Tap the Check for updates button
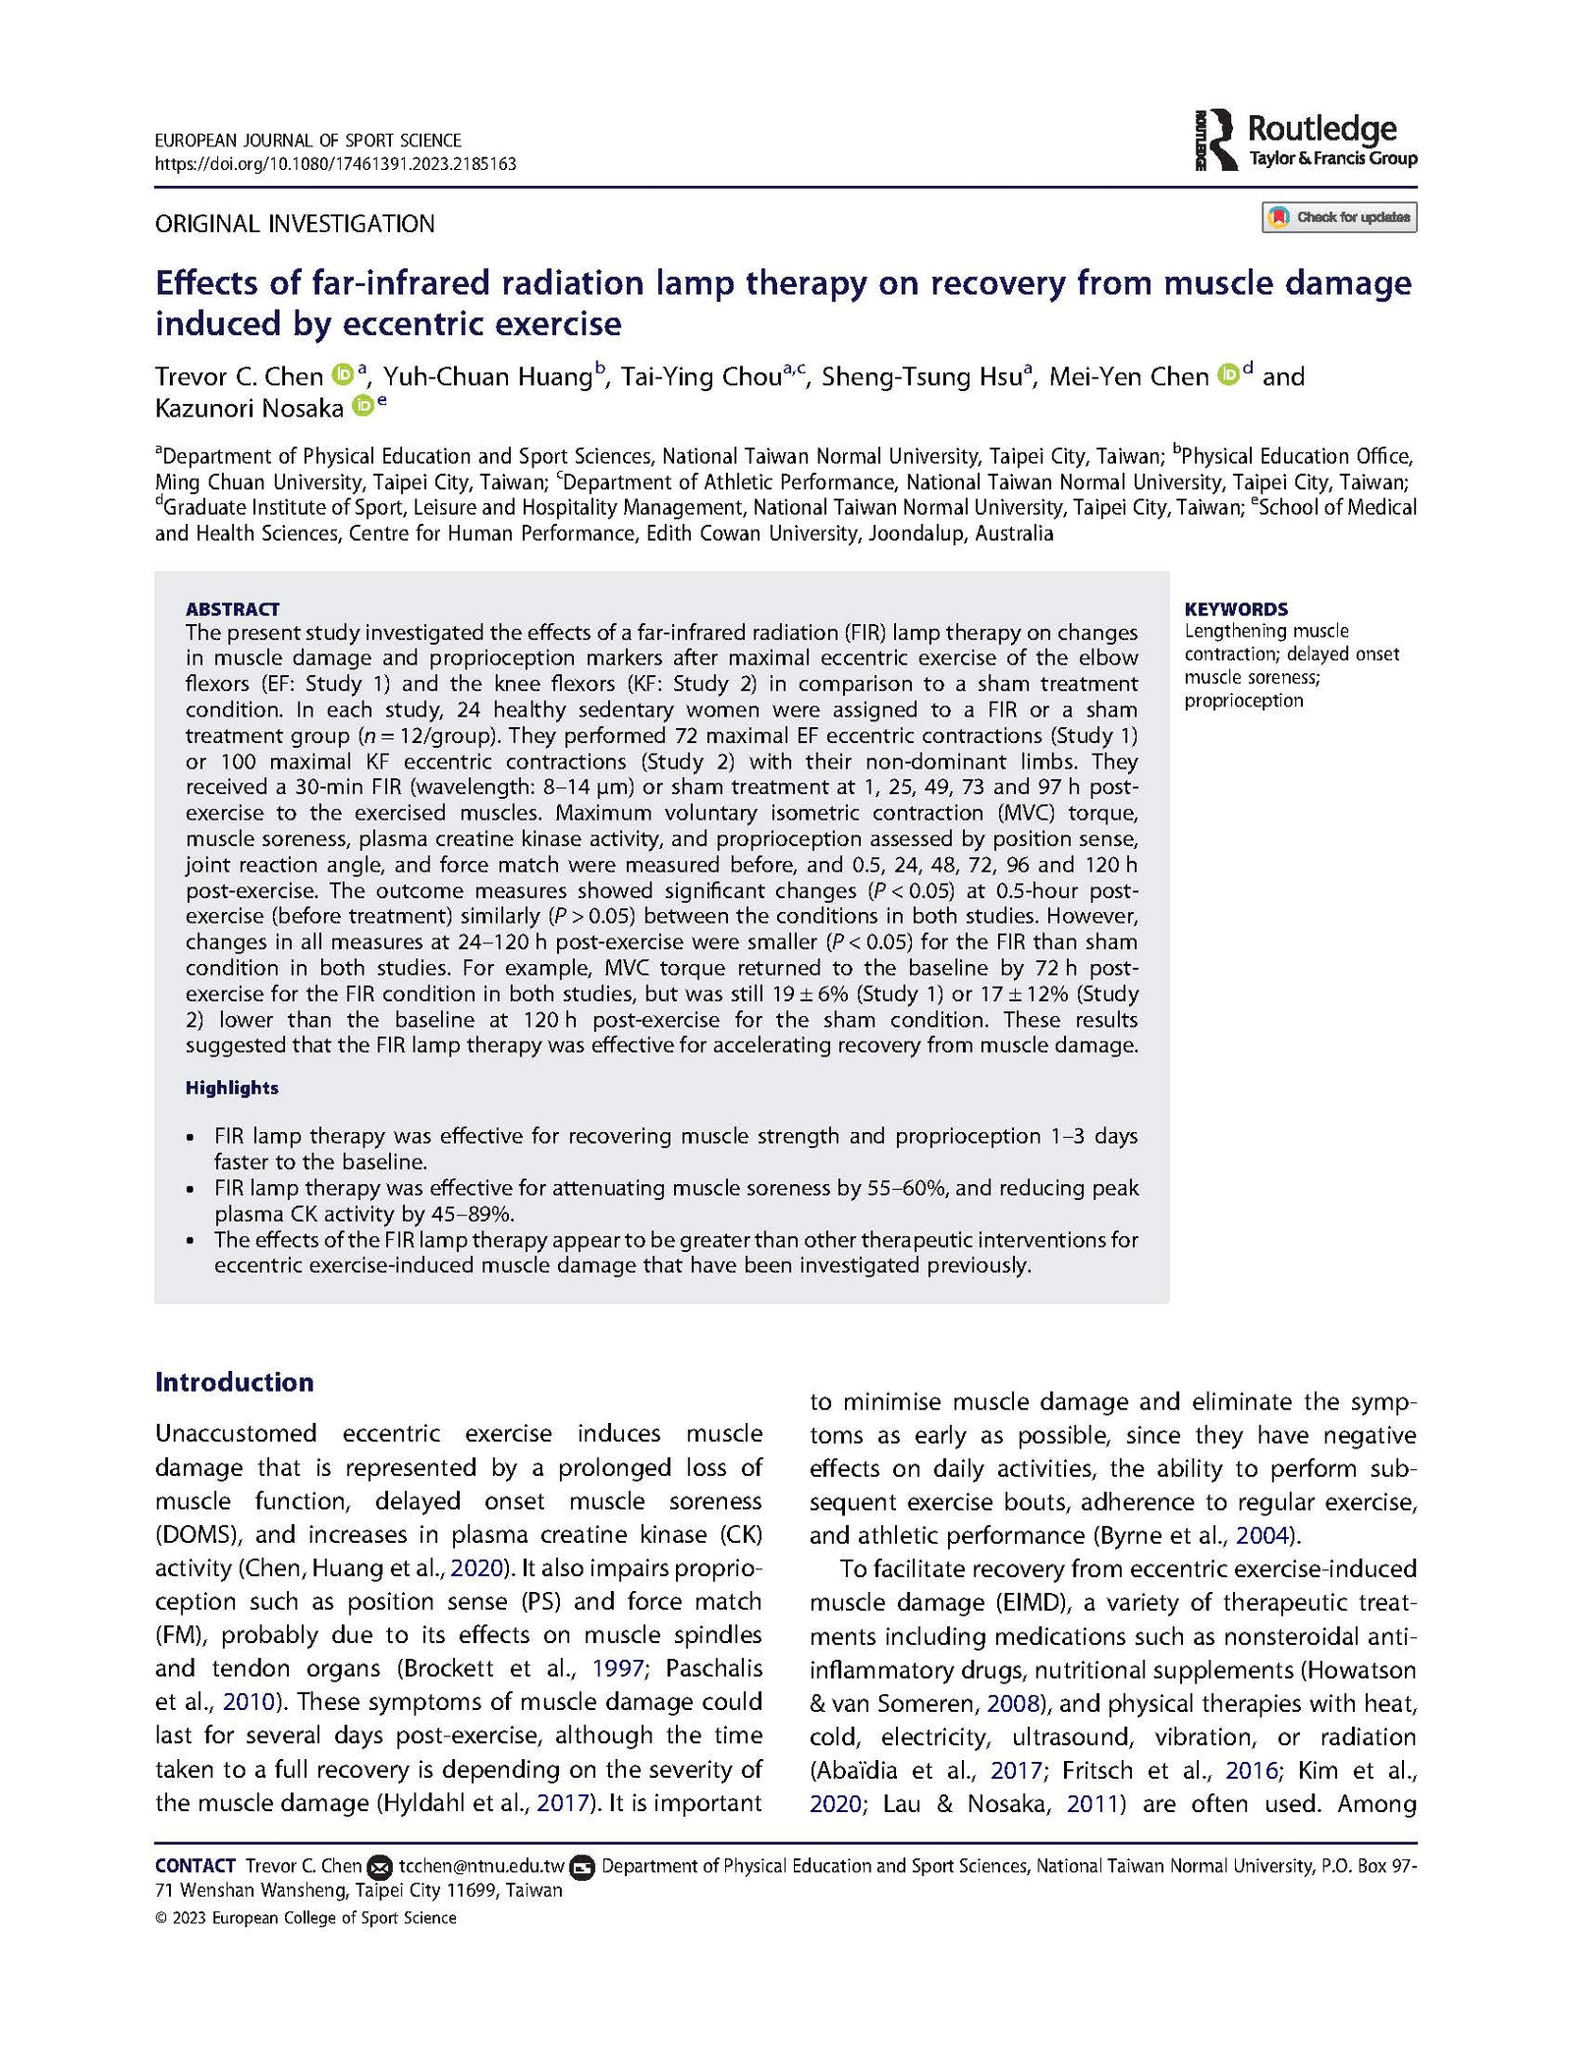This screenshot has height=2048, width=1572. click(x=1339, y=217)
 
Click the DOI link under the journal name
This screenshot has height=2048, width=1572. click(x=335, y=164)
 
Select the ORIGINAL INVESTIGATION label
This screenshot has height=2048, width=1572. click(x=295, y=224)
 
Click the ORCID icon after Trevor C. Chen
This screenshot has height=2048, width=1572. click(x=342, y=375)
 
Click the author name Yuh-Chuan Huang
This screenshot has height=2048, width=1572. click(x=487, y=377)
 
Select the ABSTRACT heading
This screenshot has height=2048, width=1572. click(x=233, y=609)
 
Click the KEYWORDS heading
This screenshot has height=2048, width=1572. click(x=1236, y=609)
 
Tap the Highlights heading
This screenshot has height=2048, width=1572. click(x=232, y=1088)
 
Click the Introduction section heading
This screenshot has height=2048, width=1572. click(x=235, y=1382)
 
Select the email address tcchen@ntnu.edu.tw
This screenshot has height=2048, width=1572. click(x=481, y=1865)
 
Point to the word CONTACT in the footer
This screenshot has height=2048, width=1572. click(x=196, y=1865)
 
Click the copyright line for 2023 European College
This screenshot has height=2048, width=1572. click(x=306, y=1917)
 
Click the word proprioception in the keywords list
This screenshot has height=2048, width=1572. click(x=1243, y=701)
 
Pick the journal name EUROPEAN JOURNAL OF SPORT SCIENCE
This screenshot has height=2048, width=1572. click(x=308, y=141)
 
